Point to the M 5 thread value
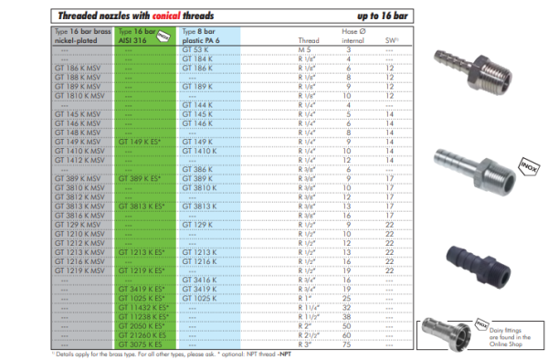307,49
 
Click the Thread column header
310,41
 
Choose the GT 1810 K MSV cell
76,95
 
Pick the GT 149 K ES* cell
142,142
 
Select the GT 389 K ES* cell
142,178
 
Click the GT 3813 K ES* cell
142,206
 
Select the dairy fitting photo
444,334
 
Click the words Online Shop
506,344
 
